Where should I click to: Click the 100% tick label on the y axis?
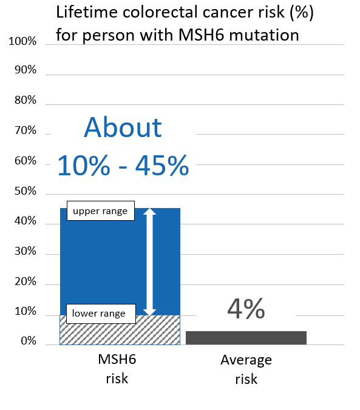pyautogui.click(x=23, y=42)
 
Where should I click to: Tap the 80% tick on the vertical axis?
pyautogui.click(x=25, y=101)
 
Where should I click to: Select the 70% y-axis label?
pyautogui.click(x=25, y=131)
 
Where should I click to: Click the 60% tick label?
pyautogui.click(x=25, y=162)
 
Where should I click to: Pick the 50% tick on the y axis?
pyautogui.click(x=25, y=192)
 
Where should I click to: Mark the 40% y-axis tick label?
pyautogui.click(x=25, y=222)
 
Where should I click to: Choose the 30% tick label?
pyautogui.click(x=25, y=252)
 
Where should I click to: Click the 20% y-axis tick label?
pyautogui.click(x=25, y=283)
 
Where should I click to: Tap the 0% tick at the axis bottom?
pyautogui.click(x=28, y=342)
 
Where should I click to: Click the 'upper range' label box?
pyautogui.click(x=100, y=211)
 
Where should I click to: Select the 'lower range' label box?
pyautogui.click(x=99, y=314)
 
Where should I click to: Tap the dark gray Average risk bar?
pyautogui.click(x=246, y=338)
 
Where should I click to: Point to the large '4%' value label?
pyautogui.click(x=246, y=309)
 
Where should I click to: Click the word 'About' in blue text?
pyautogui.click(x=123, y=128)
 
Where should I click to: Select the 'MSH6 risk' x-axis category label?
pyautogui.click(x=117, y=369)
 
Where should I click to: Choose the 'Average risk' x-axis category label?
pyautogui.click(x=246, y=369)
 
